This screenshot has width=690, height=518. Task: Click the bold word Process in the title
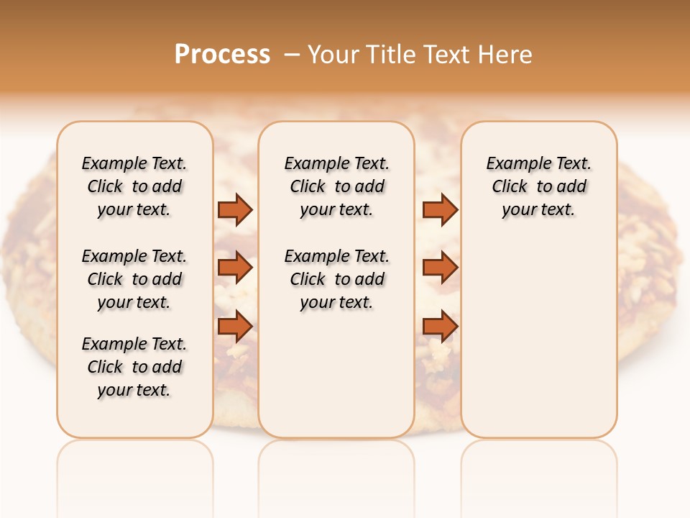(222, 55)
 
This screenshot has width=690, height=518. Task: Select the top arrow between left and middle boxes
(235, 209)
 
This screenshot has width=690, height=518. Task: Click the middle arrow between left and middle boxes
(235, 268)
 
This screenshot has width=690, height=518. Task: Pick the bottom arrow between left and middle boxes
(235, 327)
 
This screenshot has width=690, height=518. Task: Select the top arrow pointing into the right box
(440, 209)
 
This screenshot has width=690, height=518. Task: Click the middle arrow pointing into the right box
(440, 268)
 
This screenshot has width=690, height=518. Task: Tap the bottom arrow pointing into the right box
(440, 327)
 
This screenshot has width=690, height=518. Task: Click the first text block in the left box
(134, 186)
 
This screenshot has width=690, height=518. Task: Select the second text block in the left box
(134, 279)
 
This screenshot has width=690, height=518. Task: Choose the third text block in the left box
(134, 367)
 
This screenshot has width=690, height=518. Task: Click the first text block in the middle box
(336, 186)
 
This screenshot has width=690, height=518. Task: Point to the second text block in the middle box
(336, 279)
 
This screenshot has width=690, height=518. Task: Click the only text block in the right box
(538, 186)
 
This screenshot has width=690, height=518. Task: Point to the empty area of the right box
(538, 331)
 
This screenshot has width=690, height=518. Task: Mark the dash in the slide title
(292, 55)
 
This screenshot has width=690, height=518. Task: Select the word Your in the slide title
(335, 55)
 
